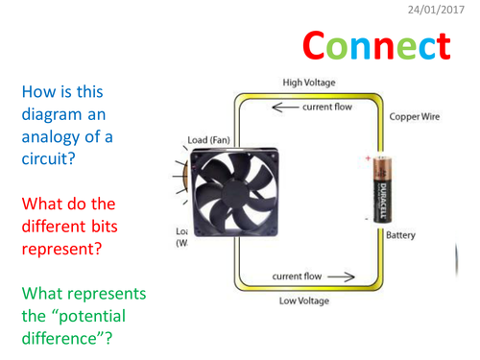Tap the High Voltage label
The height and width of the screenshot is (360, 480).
pos(308,83)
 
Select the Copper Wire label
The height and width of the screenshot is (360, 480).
pos(416,117)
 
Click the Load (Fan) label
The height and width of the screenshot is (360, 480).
pos(209,140)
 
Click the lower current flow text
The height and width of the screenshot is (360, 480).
pos(297,277)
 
